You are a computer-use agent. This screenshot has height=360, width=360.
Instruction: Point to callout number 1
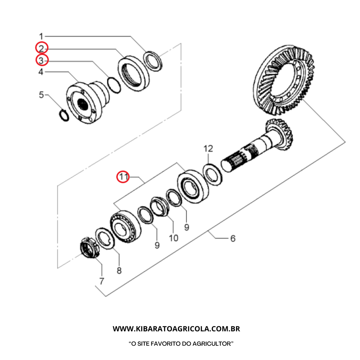(41, 36)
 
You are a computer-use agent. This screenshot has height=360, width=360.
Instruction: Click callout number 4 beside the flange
(41, 72)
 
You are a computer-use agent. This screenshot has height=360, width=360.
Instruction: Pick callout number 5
(41, 95)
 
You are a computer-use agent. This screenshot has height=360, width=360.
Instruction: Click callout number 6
(233, 238)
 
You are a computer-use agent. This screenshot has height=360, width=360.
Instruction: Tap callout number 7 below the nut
(101, 281)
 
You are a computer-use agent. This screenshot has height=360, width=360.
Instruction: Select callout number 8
(119, 270)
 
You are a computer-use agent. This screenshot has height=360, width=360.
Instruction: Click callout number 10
(173, 238)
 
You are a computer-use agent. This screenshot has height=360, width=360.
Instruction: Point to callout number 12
(208, 148)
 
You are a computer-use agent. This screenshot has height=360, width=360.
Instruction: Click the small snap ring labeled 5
(64, 115)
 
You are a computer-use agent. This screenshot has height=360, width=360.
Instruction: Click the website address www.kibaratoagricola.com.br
(176, 329)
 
